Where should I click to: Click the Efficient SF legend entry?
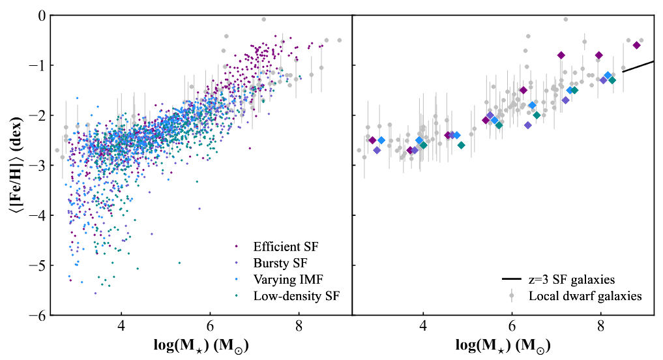286,247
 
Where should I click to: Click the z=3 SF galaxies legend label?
572,279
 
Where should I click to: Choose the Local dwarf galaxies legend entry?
585,296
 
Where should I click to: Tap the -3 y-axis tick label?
37,166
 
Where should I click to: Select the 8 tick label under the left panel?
299,327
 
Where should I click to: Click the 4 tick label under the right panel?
423,327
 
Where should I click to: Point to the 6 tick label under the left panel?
210,327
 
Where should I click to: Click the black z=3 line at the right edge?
639,66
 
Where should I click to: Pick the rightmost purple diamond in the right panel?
637,45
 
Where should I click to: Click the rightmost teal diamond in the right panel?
612,80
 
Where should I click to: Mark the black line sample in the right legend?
512,279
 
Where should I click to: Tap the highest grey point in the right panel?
566,20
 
